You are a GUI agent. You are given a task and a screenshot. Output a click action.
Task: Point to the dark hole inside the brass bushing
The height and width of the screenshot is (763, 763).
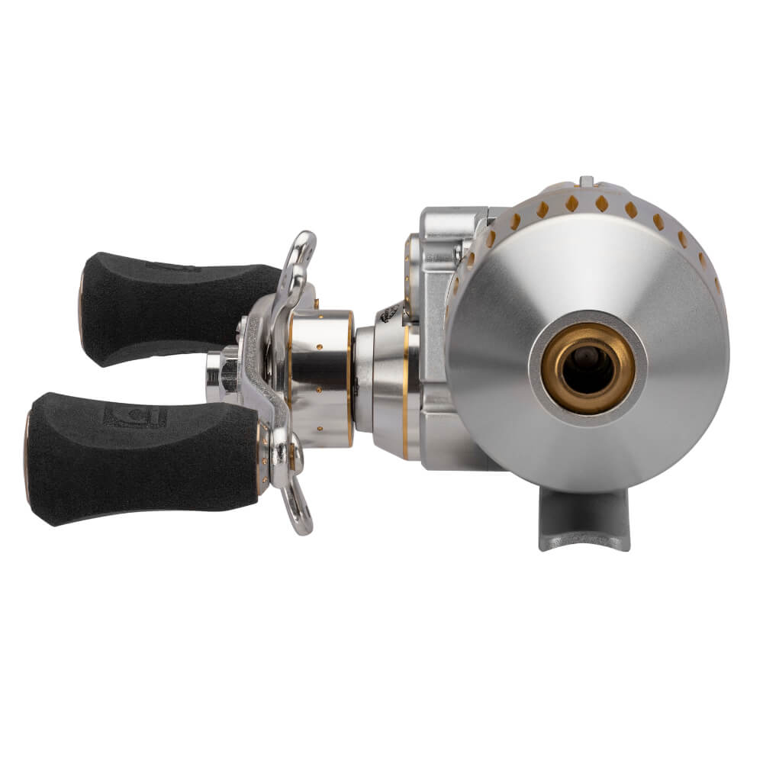tap(587, 364)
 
